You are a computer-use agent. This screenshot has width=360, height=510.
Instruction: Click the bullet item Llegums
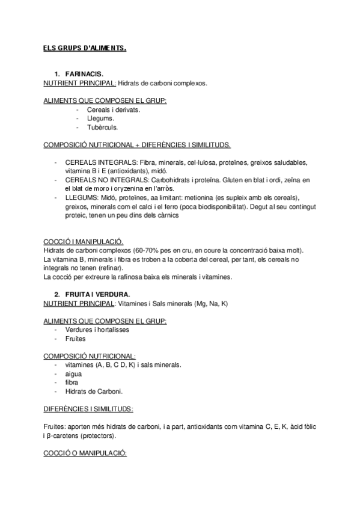point(100,118)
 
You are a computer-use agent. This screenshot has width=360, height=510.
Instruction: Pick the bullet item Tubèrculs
point(103,127)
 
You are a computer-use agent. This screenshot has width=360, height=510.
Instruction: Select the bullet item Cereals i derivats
point(114,110)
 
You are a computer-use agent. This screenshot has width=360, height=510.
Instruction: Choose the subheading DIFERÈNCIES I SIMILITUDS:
point(88,408)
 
